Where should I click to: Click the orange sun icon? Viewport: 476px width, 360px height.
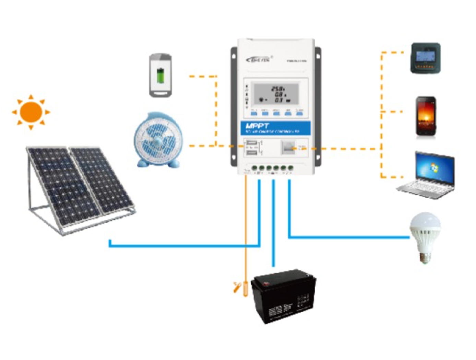[31, 112]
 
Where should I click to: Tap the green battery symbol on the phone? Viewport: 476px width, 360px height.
[160, 75]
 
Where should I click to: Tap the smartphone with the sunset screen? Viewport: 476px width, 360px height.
[426, 116]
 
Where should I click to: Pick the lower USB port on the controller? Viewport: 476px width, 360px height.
[251, 153]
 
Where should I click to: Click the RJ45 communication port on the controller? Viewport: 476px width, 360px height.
[287, 148]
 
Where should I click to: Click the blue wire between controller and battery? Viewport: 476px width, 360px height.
[273, 223]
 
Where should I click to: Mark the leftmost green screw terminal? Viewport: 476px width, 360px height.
[255, 168]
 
